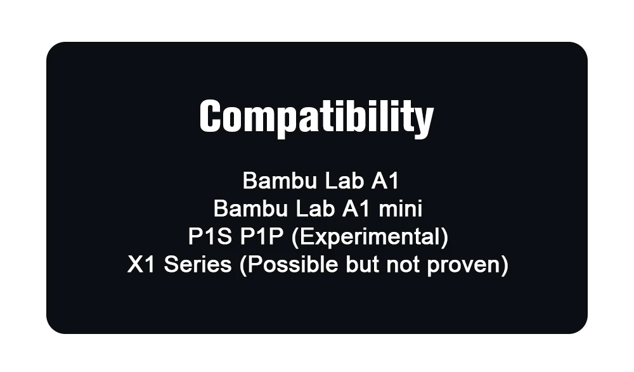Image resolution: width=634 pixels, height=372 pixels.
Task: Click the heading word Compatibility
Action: (x=316, y=117)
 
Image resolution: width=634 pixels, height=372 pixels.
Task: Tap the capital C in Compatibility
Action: (x=210, y=116)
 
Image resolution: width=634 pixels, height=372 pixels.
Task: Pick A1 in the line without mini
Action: (x=385, y=181)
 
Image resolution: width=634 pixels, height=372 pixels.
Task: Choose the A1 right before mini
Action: (x=356, y=208)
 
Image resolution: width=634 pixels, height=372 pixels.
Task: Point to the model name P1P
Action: (x=261, y=236)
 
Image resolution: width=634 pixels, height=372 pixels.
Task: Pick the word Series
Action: (x=197, y=264)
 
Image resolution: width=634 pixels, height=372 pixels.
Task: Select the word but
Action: (x=362, y=264)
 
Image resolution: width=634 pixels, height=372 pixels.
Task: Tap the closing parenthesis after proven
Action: (x=504, y=266)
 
